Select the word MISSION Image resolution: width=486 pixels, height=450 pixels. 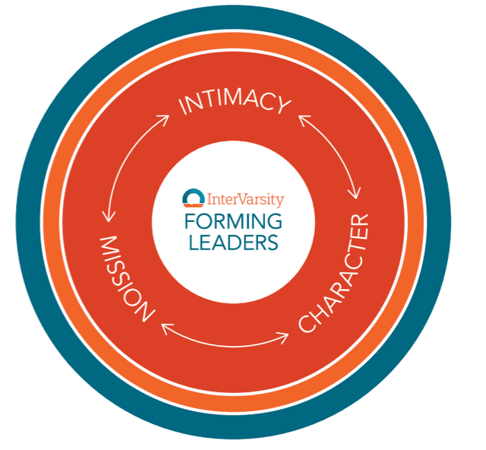click(x=127, y=278)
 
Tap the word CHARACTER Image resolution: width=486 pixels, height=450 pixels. click(x=334, y=273)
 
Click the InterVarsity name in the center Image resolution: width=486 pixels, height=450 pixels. click(x=245, y=200)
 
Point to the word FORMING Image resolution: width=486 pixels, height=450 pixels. click(x=233, y=221)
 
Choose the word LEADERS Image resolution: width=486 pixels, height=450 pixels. click(x=233, y=242)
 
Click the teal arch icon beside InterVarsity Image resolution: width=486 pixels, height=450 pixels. click(x=194, y=198)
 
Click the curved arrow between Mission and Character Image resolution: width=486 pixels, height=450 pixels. click(x=226, y=345)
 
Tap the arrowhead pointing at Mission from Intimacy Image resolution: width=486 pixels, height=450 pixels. click(x=108, y=216)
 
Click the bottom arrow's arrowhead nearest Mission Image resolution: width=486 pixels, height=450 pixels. click(x=166, y=329)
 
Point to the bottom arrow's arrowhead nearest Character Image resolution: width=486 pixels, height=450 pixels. click(x=283, y=337)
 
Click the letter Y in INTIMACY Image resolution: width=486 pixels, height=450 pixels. click(x=283, y=106)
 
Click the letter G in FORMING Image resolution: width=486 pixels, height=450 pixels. click(x=274, y=221)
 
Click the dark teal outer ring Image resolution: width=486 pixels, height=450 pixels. click(x=233, y=19)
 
